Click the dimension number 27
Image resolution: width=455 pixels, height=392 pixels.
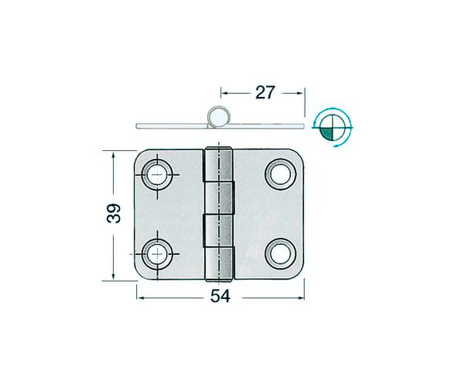click(x=265, y=92)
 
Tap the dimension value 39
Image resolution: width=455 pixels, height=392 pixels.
click(x=115, y=214)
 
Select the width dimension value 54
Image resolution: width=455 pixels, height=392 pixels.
click(x=220, y=297)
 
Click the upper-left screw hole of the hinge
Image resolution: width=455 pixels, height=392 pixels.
click(x=158, y=173)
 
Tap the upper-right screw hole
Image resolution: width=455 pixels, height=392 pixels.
click(x=279, y=173)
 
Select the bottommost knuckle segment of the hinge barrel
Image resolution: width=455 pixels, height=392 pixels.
click(x=219, y=263)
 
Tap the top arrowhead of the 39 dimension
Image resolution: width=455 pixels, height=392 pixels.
click(x=115, y=155)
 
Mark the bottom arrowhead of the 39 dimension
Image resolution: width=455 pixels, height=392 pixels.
click(x=115, y=277)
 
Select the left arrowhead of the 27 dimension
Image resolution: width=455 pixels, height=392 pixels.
click(x=224, y=92)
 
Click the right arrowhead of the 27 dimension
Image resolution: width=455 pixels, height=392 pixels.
click(x=301, y=92)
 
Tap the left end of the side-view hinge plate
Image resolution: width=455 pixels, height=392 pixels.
click(x=138, y=124)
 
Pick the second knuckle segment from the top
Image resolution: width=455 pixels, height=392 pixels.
click(x=219, y=197)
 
